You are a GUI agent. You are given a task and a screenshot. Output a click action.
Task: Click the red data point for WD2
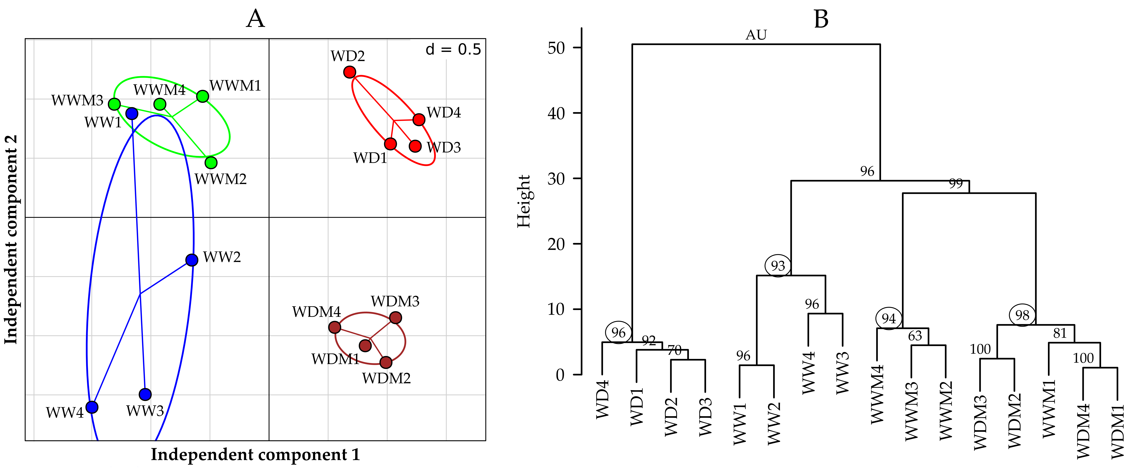click(349, 72)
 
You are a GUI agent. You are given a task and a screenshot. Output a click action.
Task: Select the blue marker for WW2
click(192, 260)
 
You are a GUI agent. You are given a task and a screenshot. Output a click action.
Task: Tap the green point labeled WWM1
click(203, 96)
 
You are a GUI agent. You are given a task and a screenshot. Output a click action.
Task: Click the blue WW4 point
click(92, 407)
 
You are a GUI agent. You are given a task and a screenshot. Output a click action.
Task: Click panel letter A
click(256, 19)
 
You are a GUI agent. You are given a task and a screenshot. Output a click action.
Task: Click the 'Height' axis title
click(524, 201)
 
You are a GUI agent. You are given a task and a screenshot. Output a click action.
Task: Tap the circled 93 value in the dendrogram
click(778, 266)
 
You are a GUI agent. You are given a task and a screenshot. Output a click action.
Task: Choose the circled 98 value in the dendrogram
click(1022, 315)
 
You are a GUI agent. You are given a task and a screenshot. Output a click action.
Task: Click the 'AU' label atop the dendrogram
click(756, 35)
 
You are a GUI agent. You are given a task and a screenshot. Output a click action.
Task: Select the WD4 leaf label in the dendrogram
click(602, 399)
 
